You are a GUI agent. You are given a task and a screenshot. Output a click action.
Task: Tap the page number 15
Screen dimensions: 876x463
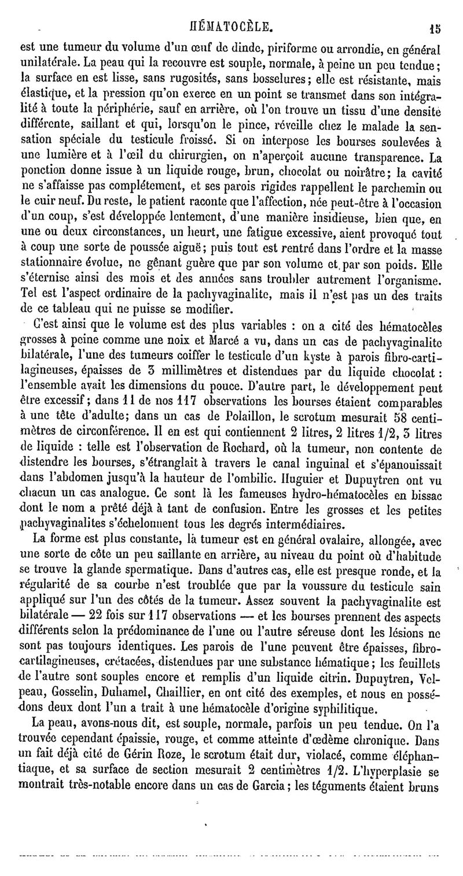[x=436, y=26]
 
